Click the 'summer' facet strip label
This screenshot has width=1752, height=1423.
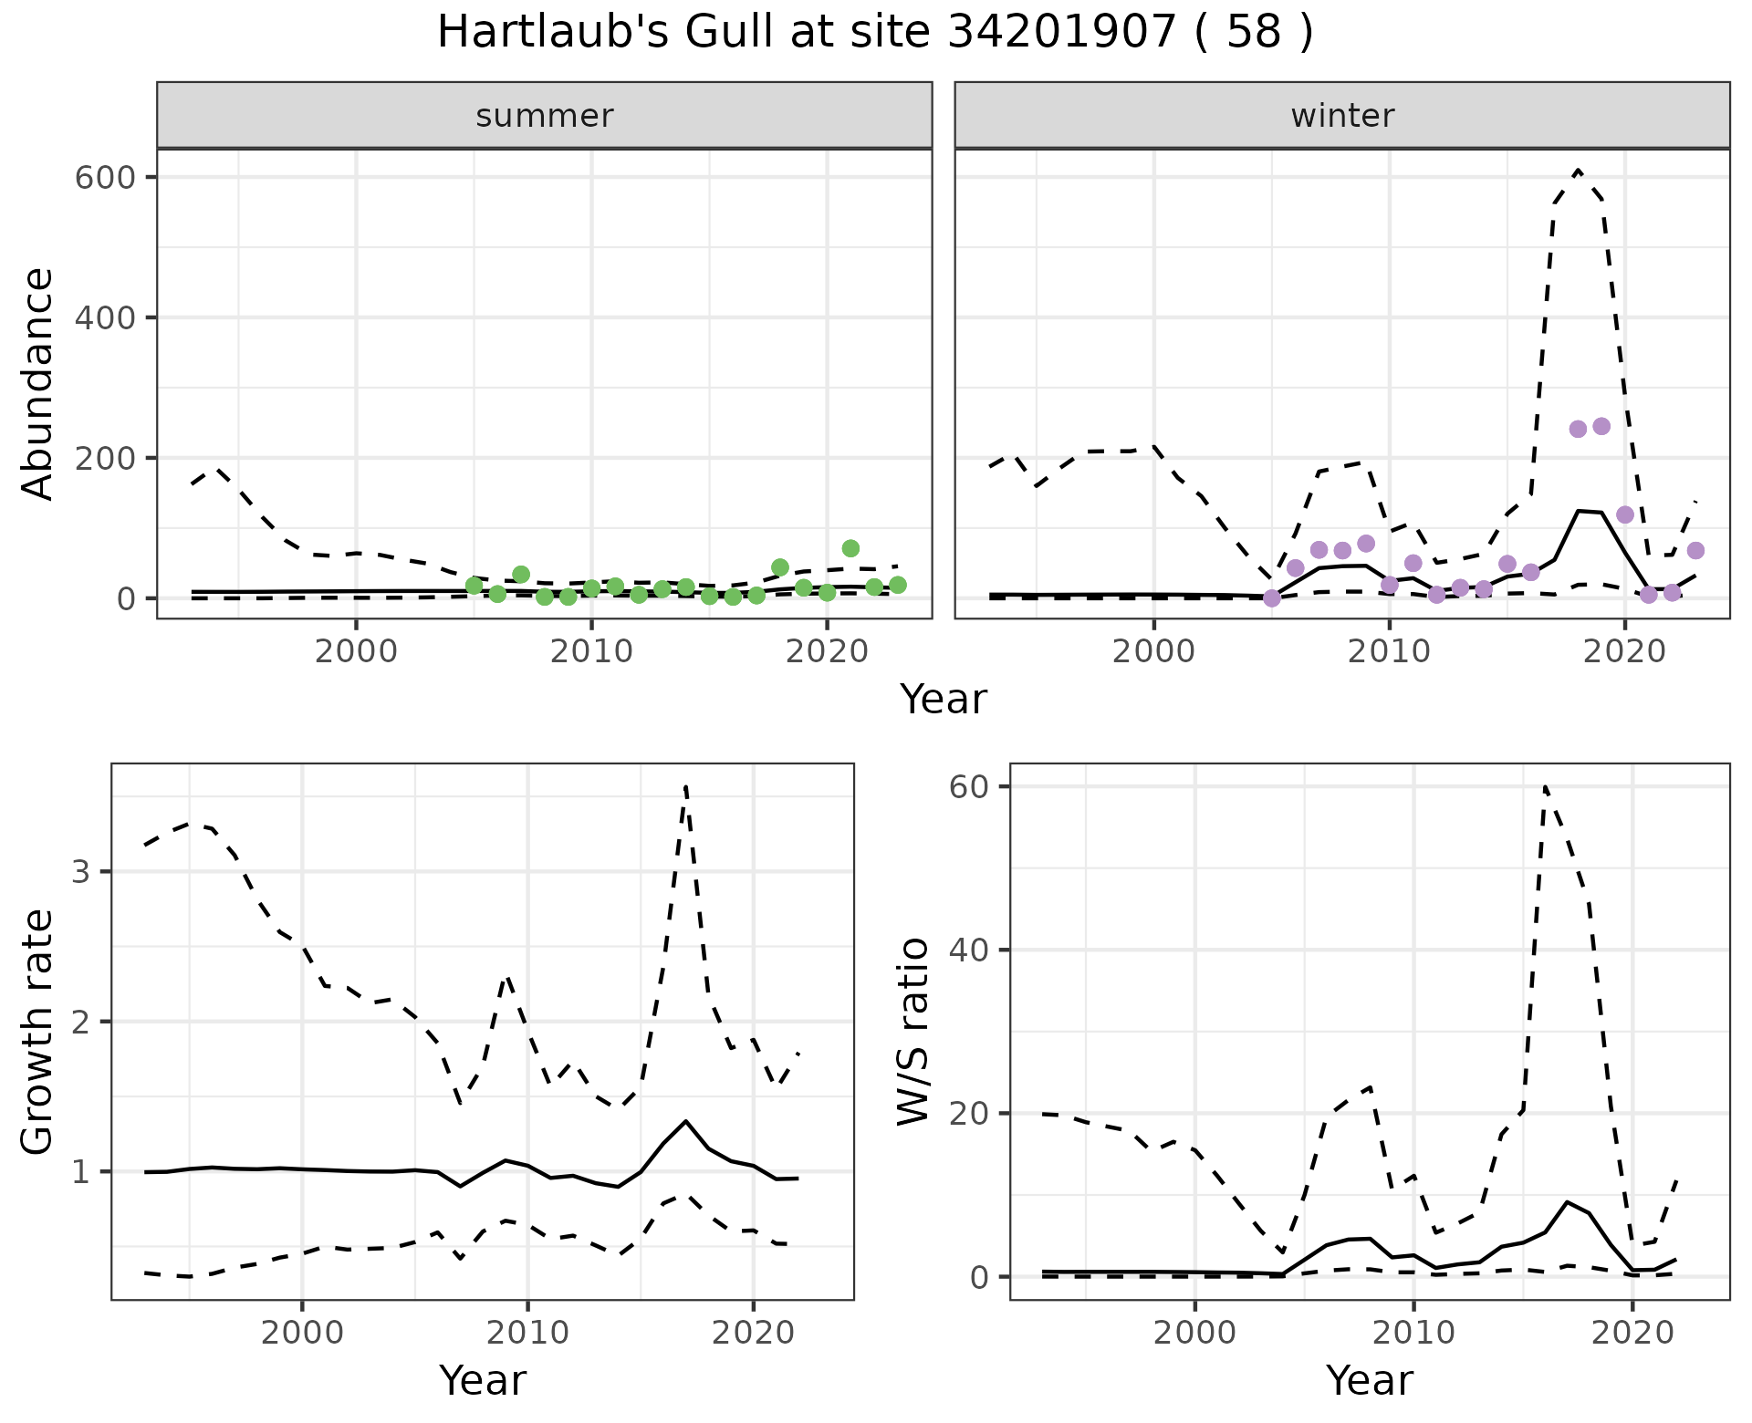tap(544, 116)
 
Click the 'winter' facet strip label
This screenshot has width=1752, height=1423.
tap(1341, 116)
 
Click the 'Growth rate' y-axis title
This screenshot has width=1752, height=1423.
tap(38, 1033)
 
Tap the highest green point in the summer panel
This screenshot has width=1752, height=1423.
tap(850, 548)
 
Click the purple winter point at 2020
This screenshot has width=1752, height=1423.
tap(1625, 515)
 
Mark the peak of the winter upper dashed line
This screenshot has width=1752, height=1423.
tap(1579, 171)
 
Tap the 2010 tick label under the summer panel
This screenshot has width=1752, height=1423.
tap(591, 651)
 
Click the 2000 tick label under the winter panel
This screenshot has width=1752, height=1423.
tap(1154, 651)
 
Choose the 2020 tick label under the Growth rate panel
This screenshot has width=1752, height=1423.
tap(752, 1333)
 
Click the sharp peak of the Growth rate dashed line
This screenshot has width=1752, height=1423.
tap(685, 785)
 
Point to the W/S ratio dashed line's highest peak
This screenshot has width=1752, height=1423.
tap(1545, 785)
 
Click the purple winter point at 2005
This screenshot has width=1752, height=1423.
tap(1272, 598)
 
